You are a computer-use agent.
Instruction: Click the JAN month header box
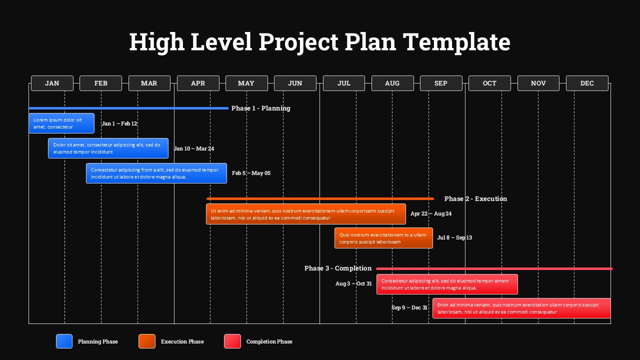[52, 83]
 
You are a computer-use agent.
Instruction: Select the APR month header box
[198, 83]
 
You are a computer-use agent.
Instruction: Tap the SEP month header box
[441, 83]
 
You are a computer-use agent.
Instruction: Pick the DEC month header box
[587, 83]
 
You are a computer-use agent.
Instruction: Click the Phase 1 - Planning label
[260, 108]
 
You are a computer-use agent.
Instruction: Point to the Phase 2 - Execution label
[475, 198]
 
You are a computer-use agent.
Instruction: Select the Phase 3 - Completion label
[338, 268]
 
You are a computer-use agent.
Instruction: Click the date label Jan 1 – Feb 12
[119, 123]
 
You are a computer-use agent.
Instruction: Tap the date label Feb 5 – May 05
[251, 173]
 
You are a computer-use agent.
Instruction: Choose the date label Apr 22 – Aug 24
[431, 213]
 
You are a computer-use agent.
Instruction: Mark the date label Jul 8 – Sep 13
[454, 237]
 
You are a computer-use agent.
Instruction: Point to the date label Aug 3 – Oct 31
[354, 283]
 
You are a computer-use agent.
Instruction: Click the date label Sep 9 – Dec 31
[409, 307]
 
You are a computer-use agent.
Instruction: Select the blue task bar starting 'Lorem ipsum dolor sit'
[61, 123]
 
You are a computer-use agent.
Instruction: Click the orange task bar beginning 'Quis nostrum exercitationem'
[383, 238]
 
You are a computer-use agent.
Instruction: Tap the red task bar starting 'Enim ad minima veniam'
[521, 308]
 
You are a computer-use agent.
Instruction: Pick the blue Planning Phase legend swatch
[64, 341]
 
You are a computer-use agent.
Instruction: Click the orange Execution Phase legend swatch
[147, 341]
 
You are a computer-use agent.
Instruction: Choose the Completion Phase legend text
[269, 341]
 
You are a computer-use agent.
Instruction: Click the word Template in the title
[456, 42]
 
